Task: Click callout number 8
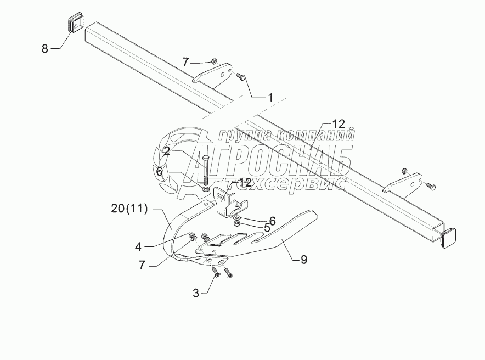(x=45, y=49)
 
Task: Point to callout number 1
(x=270, y=98)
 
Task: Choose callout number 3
(x=196, y=292)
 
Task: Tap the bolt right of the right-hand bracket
(x=431, y=188)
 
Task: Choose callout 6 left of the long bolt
(x=160, y=172)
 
